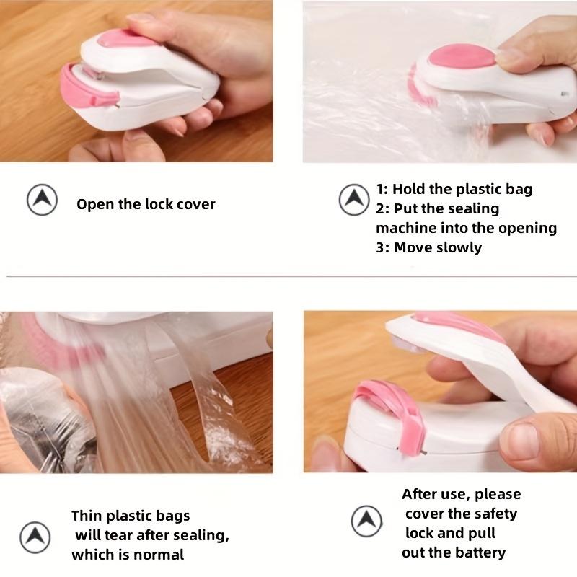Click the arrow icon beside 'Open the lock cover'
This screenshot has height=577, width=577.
click(42, 201)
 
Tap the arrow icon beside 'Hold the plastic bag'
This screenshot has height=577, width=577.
click(353, 198)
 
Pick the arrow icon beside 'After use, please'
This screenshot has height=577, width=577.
click(366, 521)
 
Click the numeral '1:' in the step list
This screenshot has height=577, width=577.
click(383, 190)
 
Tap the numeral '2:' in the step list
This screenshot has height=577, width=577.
click(383, 208)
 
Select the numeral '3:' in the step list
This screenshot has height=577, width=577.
click(383, 247)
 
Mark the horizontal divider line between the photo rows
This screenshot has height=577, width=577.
click(288, 276)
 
